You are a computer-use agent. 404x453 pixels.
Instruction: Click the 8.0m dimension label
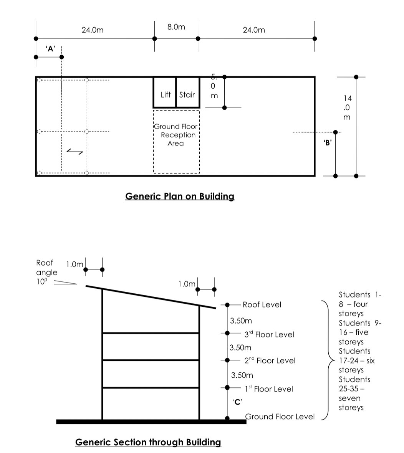pos(176,27)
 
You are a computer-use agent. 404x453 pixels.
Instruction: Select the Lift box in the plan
pos(165,93)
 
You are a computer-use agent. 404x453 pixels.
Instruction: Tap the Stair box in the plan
pos(188,93)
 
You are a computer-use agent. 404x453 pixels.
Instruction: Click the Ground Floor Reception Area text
pos(176,135)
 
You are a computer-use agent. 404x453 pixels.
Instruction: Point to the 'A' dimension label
pos(50,49)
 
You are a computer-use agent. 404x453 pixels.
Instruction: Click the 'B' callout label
pos(328,142)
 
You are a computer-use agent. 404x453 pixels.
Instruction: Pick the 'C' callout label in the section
pos(237,402)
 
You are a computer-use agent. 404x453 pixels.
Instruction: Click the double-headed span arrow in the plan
pos(75,152)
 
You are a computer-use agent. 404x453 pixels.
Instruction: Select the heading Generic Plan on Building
pos(180,196)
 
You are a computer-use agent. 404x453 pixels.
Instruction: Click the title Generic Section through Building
pos(148,442)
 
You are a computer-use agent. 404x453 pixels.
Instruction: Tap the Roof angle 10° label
pos(46,272)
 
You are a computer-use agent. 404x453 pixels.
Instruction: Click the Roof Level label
pos(262,304)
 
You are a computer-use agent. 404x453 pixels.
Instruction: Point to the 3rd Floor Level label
pos(269,334)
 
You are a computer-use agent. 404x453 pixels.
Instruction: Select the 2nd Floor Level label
pos(270,360)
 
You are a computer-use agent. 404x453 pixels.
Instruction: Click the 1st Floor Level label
pos(268,389)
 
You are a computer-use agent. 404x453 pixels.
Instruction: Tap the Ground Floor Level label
pos(280,417)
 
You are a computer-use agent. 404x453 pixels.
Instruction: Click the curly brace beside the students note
pos(327,360)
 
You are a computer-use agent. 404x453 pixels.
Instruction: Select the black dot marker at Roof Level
pos(227,305)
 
